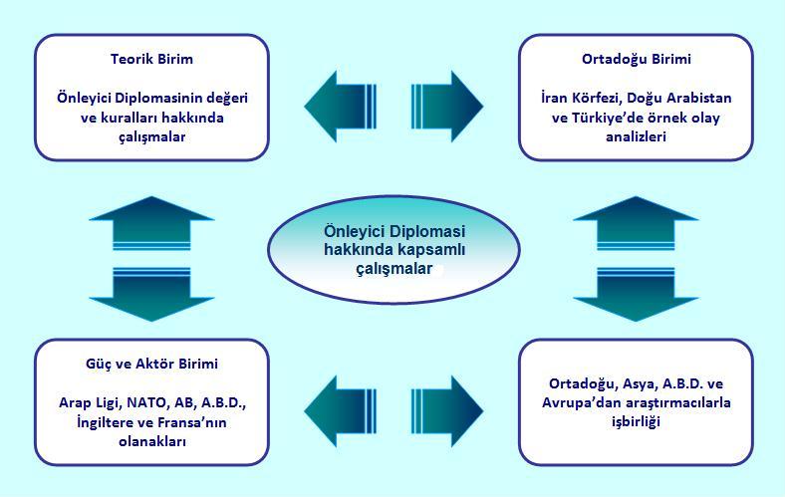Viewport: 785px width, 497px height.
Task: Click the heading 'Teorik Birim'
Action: [151, 59]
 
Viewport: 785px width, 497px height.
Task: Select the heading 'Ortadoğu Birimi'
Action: [637, 60]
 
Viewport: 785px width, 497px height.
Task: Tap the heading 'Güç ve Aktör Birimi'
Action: [151, 364]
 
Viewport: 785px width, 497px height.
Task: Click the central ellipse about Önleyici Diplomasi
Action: [394, 249]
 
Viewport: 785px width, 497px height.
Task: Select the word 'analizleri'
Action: [637, 136]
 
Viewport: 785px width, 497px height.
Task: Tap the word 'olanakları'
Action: [152, 442]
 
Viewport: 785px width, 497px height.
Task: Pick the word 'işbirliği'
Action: [636, 422]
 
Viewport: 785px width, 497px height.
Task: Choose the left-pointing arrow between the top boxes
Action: [340, 107]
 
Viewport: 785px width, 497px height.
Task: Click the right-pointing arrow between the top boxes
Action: [447, 107]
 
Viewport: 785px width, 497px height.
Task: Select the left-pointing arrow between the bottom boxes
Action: [340, 411]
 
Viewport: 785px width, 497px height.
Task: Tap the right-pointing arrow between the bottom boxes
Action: [447, 411]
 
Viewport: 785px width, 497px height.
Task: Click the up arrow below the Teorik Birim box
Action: [151, 223]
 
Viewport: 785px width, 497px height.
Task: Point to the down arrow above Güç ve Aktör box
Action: [151, 294]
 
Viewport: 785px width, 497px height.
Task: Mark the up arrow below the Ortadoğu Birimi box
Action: [636, 223]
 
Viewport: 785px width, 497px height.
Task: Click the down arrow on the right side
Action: [636, 294]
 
